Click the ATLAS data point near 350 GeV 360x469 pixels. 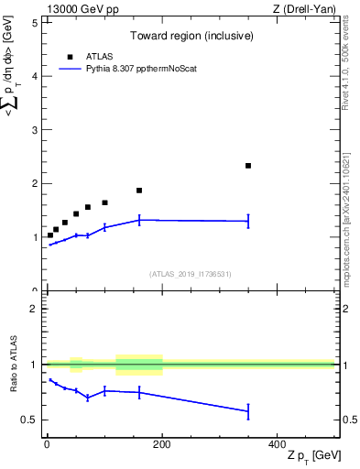(x=248, y=166)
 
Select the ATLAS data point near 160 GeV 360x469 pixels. (x=139, y=191)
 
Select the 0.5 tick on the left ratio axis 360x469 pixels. (x=30, y=420)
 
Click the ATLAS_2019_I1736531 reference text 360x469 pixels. (x=190, y=274)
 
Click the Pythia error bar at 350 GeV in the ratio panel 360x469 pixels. (x=248, y=411)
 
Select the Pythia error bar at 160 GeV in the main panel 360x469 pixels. (x=139, y=219)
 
